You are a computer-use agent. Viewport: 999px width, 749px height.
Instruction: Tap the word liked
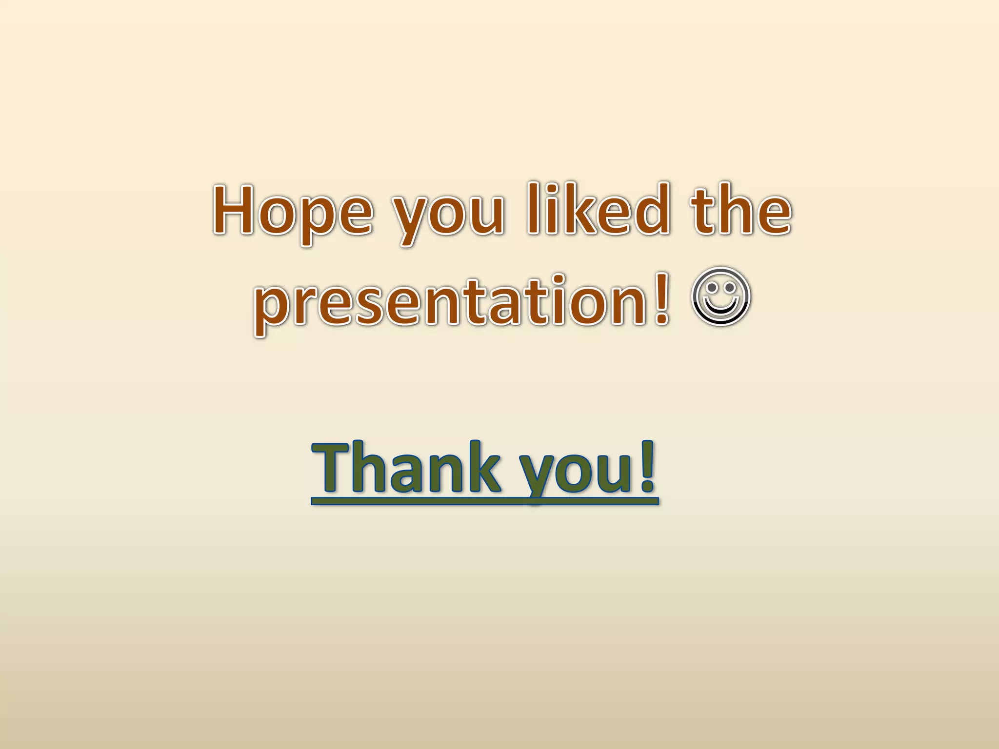tap(598, 210)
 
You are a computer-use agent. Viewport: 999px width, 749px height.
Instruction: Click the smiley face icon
tap(720, 296)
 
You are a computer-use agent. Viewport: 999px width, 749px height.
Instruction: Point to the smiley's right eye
tap(730, 288)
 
